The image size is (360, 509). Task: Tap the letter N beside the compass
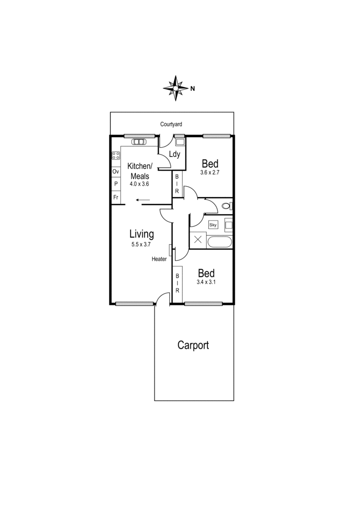pos(192,89)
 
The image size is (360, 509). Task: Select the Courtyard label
pos(171,124)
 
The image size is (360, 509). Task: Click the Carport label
pos(193,345)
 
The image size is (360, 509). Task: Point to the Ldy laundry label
pos(175,155)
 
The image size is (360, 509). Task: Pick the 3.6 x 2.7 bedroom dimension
pos(210,172)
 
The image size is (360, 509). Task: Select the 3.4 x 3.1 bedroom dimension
pos(206,282)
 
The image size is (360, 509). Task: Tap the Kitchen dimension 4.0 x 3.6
pos(139,183)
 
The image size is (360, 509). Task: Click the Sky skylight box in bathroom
pos(213,224)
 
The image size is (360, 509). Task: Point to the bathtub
pos(220,241)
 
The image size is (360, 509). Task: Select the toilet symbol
pos(226,207)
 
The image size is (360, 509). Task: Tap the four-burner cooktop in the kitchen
pos(116,156)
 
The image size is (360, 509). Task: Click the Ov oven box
pos(116,172)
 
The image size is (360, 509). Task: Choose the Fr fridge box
pos(116,197)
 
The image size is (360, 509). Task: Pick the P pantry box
pos(116,184)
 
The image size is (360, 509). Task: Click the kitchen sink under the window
pos(138,142)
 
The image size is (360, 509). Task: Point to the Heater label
pos(159,259)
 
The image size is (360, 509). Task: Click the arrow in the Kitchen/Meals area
pos(143,201)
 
